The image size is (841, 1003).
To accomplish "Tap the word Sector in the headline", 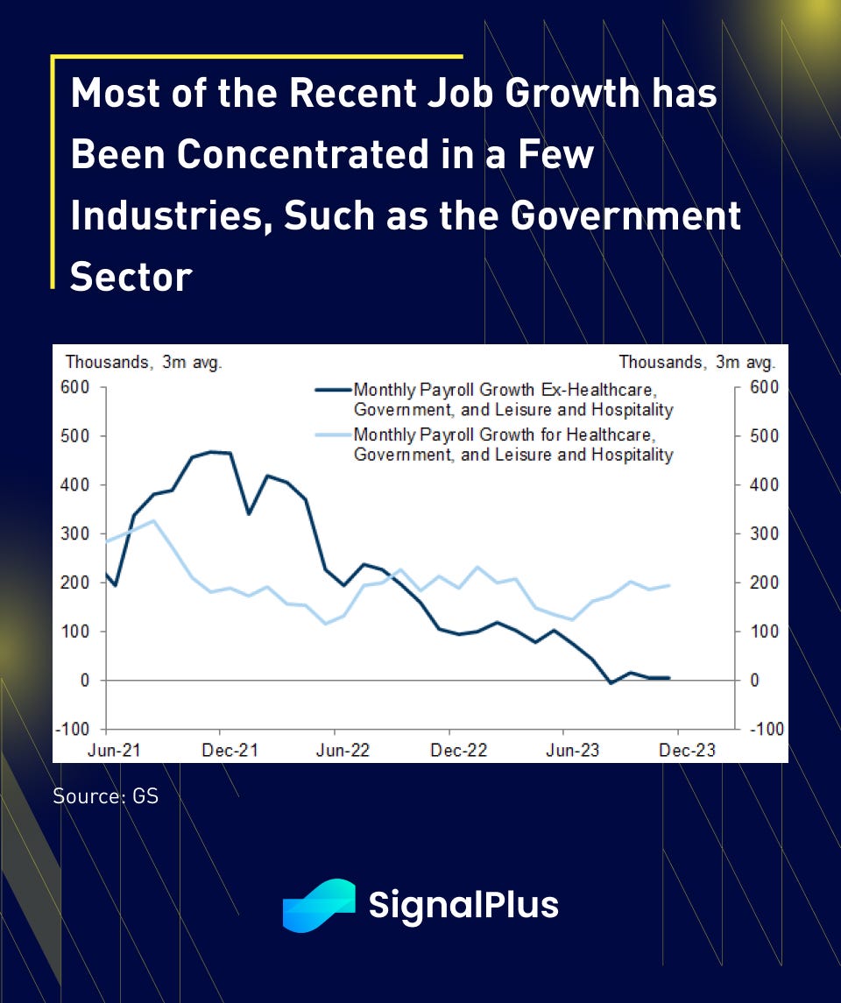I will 131,277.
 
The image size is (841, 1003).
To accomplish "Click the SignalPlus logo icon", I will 319,905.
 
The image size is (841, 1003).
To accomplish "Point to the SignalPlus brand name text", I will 463,905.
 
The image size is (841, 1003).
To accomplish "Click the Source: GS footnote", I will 105,797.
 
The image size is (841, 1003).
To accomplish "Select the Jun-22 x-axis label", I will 335,751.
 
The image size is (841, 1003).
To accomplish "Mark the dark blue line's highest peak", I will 212,452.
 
